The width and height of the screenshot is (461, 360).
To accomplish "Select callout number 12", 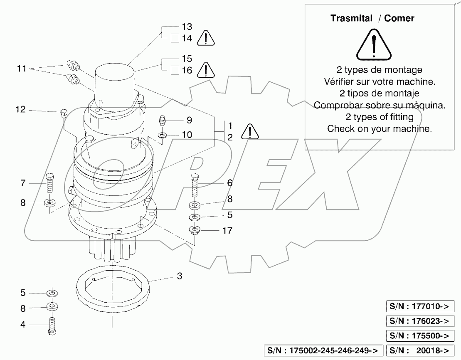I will pos(20,110).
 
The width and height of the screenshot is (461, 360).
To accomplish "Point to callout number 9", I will pos(189,120).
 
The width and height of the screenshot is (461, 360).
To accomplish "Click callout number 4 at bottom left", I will pos(23,324).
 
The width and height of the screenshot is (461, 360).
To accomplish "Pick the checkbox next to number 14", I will pos(175,39).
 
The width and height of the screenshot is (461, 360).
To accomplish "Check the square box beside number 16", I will pos(175,70).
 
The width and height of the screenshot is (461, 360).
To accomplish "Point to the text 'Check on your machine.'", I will pos(379,128).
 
